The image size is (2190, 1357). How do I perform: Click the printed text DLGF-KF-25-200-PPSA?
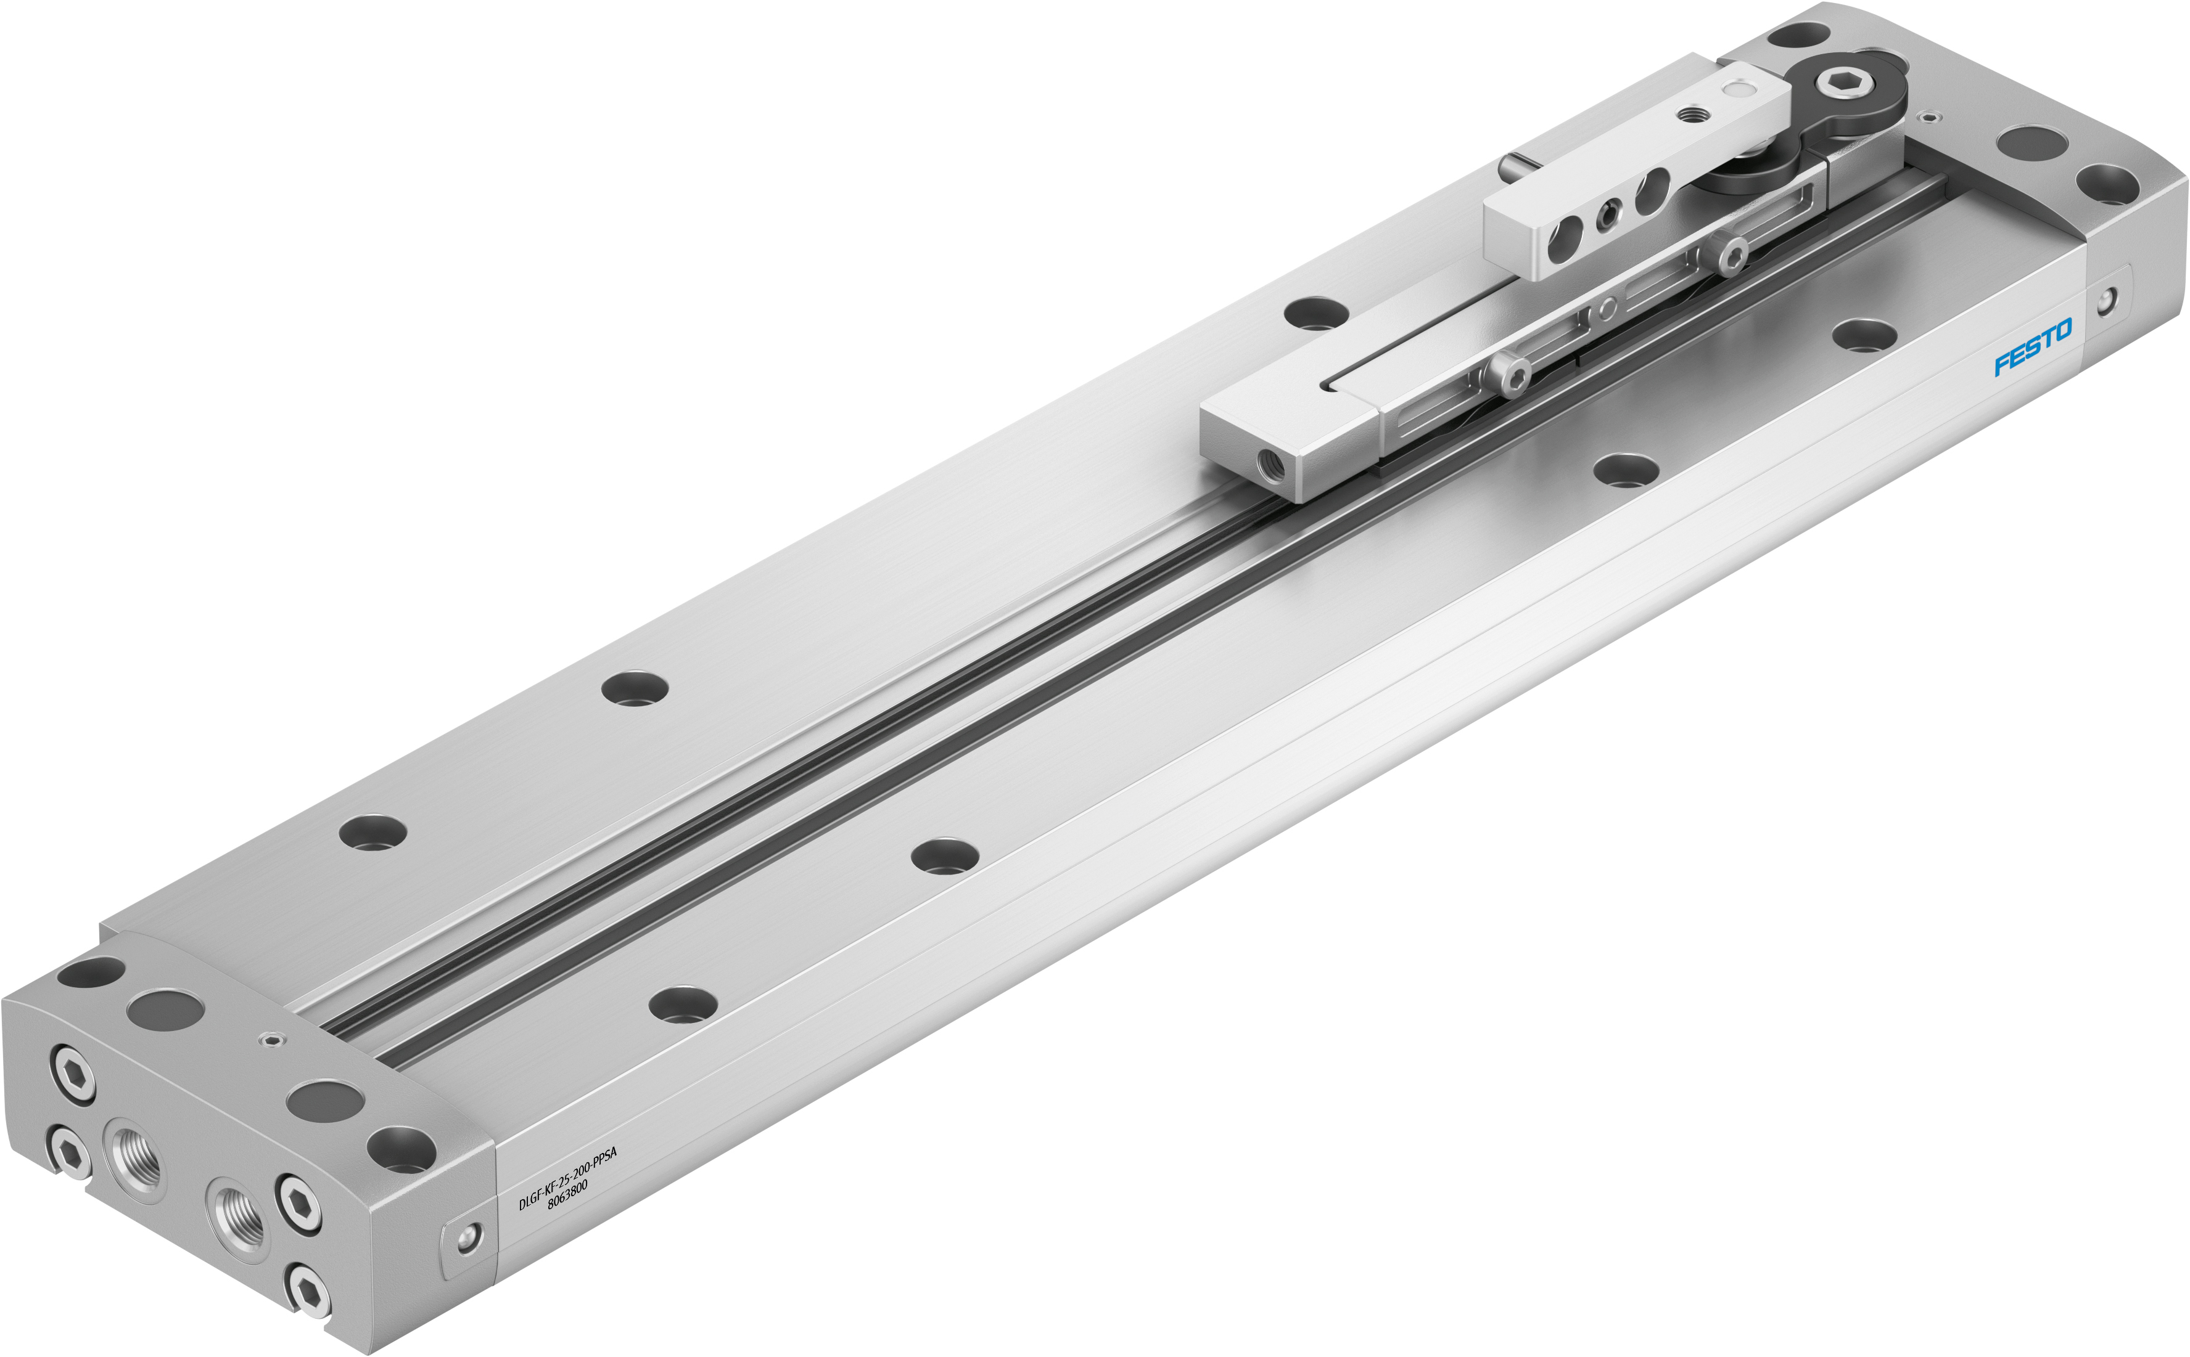[x=567, y=1178]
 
